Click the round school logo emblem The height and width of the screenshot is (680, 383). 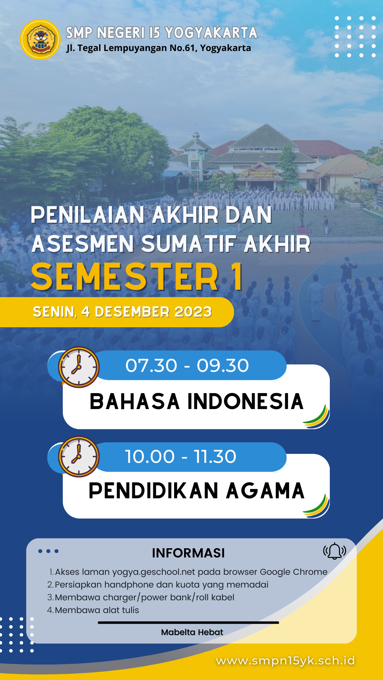pos(40,39)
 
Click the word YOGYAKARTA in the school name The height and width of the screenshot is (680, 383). pos(211,33)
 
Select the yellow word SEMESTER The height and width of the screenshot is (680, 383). pos(125,277)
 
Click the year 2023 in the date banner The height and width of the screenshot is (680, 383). pos(193,312)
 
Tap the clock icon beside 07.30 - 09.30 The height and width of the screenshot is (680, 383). pos(79,367)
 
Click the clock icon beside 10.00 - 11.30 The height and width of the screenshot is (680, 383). pos(79,457)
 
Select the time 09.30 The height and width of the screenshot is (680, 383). pos(223,365)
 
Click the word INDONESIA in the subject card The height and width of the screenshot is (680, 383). pos(245,402)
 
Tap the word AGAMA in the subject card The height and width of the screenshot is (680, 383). pos(265,491)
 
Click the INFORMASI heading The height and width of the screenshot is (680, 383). pos(188,553)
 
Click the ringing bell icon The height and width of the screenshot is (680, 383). pos(334,551)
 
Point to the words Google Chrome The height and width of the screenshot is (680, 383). pos(294,572)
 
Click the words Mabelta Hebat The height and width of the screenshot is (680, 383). pos(192,632)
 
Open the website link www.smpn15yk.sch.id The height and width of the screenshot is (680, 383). pos(285,661)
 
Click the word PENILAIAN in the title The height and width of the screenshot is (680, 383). pos(88,215)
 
